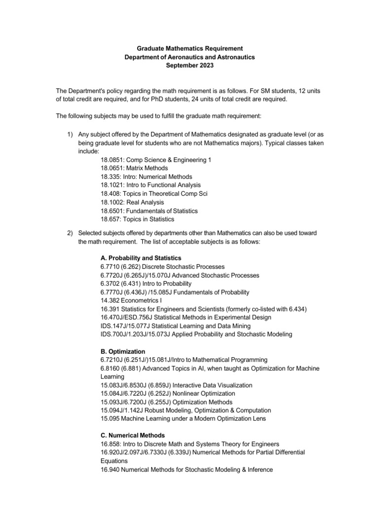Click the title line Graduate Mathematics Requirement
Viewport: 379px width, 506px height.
coord(189,48)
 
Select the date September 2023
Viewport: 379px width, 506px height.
coord(189,66)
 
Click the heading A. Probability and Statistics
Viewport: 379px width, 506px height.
coord(141,258)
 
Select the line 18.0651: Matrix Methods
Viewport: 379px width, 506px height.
coord(134,168)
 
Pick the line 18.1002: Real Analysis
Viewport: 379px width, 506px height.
coord(132,202)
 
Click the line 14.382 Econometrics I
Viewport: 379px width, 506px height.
coord(130,300)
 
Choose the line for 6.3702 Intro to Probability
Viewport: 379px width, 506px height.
coord(146,284)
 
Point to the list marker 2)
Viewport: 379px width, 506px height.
coord(70,233)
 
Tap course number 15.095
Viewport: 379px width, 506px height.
coord(110,419)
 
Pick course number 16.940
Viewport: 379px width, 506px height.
coord(110,470)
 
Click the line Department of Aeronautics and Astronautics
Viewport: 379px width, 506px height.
coord(189,57)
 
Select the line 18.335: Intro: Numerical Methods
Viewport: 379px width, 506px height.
coord(146,176)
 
